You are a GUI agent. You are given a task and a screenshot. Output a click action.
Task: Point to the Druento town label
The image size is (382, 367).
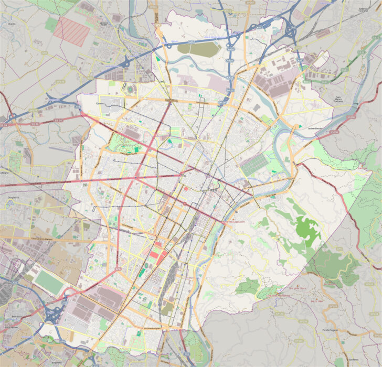tap(12, 24)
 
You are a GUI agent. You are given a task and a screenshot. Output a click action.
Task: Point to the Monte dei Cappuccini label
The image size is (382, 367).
tap(235, 222)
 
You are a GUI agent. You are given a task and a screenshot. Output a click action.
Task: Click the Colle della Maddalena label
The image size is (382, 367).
tap(279, 295)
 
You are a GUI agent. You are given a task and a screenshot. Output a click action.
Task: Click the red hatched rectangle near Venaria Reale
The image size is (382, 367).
tap(72, 30)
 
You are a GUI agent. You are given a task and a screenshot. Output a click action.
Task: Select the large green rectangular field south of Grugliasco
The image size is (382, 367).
tap(49, 282)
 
